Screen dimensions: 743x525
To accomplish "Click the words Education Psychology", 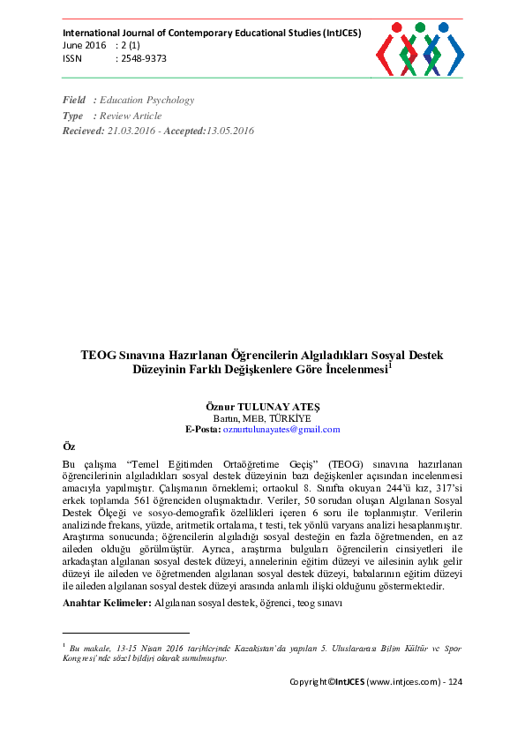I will tap(147, 101).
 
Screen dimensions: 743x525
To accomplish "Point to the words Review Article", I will tap(131, 116).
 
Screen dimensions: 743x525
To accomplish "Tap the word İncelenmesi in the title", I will tap(354, 371).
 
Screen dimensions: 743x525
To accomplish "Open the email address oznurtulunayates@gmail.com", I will tap(281, 429).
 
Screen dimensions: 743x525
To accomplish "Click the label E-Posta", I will tap(202, 429).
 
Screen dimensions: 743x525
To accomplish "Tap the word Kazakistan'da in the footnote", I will tap(282, 648).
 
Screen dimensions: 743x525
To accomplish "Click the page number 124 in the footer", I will tap(456, 682).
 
